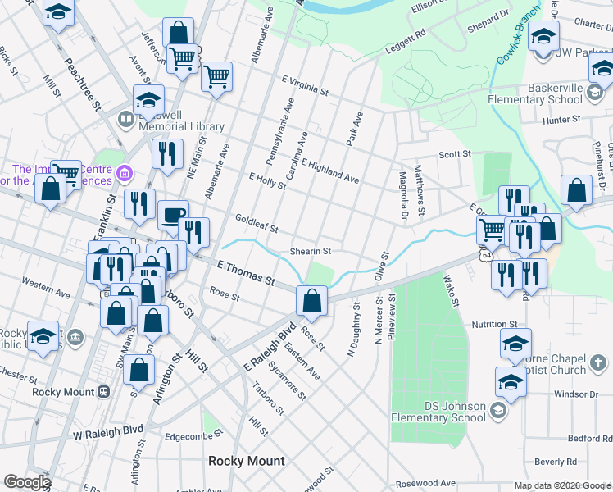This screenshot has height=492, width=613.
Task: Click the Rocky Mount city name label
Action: [247, 461]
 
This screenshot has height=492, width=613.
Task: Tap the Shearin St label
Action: [311, 251]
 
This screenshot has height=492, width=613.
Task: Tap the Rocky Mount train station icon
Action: [104, 391]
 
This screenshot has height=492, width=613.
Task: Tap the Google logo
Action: [27, 482]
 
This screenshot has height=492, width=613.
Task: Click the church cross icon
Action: [599, 361]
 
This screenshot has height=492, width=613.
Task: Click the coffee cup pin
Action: [171, 215]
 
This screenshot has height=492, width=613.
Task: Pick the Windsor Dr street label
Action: [554, 394]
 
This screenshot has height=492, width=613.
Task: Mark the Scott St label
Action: [455, 154]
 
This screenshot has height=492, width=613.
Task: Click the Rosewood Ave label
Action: [425, 484]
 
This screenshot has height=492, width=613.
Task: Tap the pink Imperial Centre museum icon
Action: [125, 173]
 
